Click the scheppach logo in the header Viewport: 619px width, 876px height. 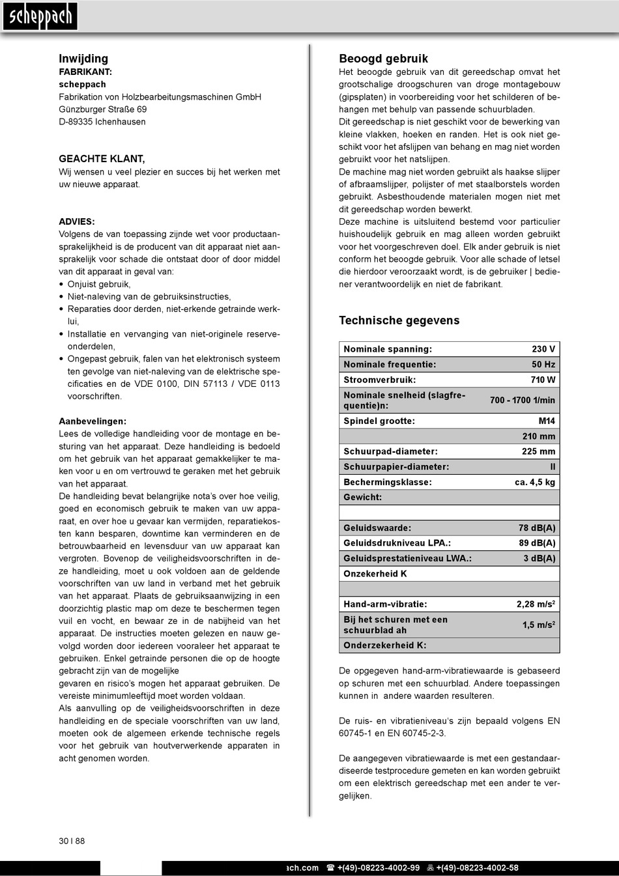40,17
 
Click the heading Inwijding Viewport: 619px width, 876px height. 83,59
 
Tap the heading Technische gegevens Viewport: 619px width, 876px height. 399,320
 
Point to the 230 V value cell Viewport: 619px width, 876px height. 543,350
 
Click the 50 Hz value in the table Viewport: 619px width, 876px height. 543,365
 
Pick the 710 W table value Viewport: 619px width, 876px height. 543,380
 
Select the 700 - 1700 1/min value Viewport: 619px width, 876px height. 523,401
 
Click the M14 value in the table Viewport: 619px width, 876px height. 547,421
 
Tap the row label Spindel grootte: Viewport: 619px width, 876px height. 379,421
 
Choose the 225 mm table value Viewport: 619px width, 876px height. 538,451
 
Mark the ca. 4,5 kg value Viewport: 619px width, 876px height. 535,482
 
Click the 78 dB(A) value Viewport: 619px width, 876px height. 537,528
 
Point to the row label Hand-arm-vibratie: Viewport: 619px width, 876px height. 385,604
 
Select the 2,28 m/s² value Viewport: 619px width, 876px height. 536,604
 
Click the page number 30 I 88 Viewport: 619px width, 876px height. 72,841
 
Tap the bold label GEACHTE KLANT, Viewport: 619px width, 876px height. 102,159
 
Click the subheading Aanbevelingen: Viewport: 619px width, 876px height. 93,421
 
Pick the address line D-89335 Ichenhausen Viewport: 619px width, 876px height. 102,122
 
